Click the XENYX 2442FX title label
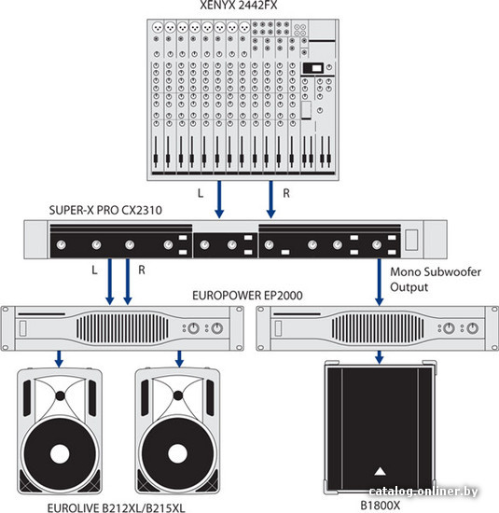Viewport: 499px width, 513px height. (239, 5)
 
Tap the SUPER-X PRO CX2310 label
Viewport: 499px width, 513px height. (105, 210)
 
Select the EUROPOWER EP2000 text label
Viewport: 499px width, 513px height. (247, 296)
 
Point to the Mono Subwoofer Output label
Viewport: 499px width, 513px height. (436, 280)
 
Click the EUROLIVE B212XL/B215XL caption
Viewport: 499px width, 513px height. (117, 507)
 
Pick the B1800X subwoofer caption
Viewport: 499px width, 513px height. (381, 506)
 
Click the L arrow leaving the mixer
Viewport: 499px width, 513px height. (219, 200)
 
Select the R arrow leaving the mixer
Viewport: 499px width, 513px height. (270, 200)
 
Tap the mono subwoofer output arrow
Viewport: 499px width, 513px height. (380, 282)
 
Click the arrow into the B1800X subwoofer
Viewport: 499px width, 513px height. (380, 357)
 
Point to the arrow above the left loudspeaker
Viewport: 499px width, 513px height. (59, 359)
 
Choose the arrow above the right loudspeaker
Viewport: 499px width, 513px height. (179, 359)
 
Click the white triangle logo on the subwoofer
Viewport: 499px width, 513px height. (380, 471)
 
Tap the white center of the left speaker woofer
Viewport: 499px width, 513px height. (60, 454)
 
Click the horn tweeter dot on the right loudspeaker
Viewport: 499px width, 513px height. (178, 395)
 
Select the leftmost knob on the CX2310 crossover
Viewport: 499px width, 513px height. (62, 244)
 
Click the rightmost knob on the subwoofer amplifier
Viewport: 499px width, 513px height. (472, 328)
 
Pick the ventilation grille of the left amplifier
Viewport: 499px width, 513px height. (123, 327)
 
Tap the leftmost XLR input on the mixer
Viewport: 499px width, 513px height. (158, 27)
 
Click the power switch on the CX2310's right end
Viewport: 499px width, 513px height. (411, 240)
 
